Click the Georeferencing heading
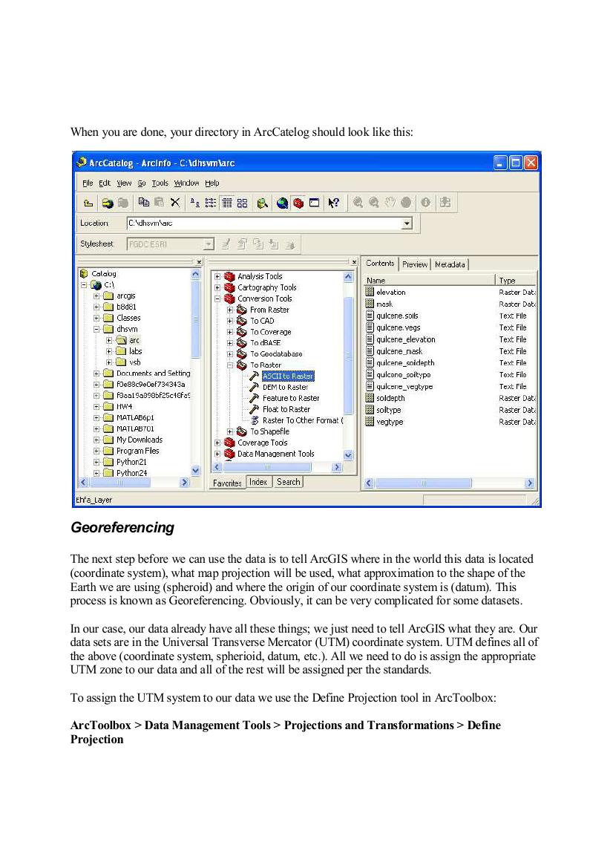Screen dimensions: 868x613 [x=122, y=528]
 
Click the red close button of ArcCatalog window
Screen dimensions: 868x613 [x=531, y=163]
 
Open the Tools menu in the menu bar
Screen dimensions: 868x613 [x=160, y=183]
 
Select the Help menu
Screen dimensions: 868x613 [x=212, y=183]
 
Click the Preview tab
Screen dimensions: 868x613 [x=415, y=264]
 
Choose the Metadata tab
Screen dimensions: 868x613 [x=450, y=264]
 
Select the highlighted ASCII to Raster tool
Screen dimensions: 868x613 [x=287, y=376]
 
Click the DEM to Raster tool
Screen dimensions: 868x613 [x=285, y=388]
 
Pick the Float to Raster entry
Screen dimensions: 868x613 [x=286, y=409]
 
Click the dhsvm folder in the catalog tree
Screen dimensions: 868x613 [x=127, y=329]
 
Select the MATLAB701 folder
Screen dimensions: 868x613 [x=135, y=428]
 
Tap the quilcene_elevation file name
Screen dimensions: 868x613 [x=405, y=339]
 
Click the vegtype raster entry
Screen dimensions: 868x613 [x=390, y=422]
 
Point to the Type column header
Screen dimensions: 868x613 [x=508, y=281]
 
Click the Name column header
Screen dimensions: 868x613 [x=377, y=281]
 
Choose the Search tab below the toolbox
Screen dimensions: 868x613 [x=288, y=482]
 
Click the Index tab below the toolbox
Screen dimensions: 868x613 [x=258, y=482]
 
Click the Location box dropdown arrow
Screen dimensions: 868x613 [x=406, y=223]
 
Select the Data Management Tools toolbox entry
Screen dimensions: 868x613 [x=275, y=454]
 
